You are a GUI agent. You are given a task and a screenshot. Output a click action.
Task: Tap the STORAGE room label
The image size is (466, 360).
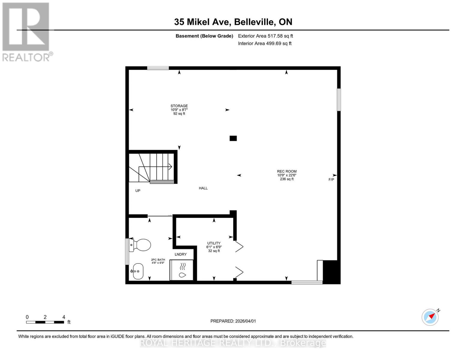pos(179,106)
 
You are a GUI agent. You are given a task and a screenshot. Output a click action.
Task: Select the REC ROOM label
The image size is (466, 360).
pos(287,171)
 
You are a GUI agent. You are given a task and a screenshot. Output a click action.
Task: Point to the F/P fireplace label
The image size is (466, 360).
pos(331,180)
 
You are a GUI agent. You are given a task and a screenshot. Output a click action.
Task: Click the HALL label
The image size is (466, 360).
pos(203,188)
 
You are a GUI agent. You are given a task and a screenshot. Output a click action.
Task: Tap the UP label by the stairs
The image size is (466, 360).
pos(138,190)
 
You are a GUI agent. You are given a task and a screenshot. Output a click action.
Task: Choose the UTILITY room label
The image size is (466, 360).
pos(214,243)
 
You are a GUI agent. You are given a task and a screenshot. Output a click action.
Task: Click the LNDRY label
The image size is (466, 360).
pos(181,254)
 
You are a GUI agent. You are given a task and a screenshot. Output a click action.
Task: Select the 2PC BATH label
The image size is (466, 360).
pos(158,260)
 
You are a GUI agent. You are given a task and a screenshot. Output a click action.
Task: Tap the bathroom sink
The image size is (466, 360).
pos(137,271)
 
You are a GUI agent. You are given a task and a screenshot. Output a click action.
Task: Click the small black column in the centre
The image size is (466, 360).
pos(233,138)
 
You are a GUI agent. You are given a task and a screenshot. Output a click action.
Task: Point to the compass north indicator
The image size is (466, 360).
pos(430,317)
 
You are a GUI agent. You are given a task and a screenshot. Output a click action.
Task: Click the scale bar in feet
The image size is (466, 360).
pos(45,322)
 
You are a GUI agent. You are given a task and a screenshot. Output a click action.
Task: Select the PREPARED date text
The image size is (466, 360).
pos(233,321)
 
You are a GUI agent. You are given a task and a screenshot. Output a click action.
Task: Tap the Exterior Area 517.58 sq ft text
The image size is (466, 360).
pos(265,36)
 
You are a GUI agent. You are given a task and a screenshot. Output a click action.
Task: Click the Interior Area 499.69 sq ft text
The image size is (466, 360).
pos(265,43)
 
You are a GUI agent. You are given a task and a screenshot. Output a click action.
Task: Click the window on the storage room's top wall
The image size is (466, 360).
pos(158,68)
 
